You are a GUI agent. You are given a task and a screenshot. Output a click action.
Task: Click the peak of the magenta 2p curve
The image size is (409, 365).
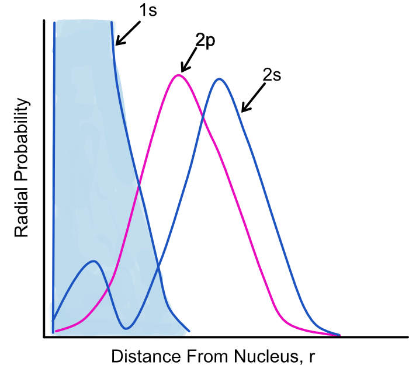tap(179, 75)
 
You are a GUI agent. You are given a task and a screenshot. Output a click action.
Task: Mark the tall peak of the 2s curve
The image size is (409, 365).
tap(220, 78)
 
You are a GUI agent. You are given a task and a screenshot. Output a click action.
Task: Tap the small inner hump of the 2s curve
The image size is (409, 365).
tap(93, 261)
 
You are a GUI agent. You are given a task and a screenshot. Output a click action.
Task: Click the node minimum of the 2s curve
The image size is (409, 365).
tap(126, 328)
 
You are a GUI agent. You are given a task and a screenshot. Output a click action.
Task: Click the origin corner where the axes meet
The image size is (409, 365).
tap(45, 337)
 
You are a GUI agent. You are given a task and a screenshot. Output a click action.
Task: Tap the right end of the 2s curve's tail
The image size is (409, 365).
tap(339, 335)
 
